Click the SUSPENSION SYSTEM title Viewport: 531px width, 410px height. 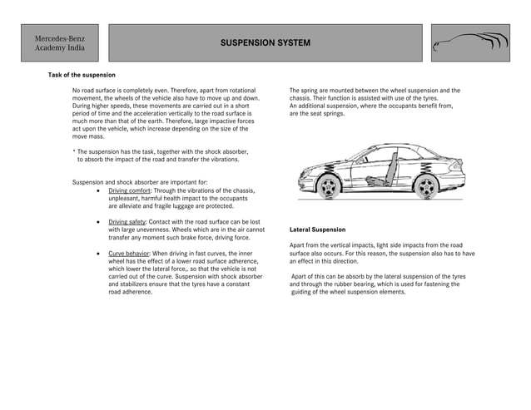(x=265, y=42)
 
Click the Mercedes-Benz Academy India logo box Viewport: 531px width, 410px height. (x=60, y=43)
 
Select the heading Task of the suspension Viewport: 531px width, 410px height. (x=82, y=75)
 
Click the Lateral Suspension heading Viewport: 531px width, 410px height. (x=317, y=229)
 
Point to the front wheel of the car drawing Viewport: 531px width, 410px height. (x=329, y=185)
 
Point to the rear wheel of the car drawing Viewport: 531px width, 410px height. (x=428, y=185)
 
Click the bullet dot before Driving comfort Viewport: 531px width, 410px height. (x=100, y=190)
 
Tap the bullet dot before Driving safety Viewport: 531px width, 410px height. (x=100, y=223)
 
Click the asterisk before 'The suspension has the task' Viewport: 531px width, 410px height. (x=75, y=151)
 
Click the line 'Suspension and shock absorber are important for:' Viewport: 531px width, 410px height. (x=140, y=181)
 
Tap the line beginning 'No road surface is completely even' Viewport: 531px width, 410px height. (x=164, y=90)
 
